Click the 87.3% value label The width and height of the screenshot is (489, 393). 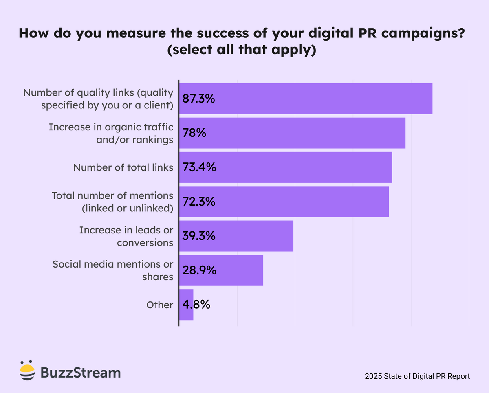pos(198,99)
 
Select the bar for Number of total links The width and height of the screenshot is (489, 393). pos(285,167)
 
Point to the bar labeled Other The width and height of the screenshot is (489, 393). pos(186,305)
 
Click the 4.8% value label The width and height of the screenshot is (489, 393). pos(196,305)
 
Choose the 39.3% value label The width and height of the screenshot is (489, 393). pos(199,236)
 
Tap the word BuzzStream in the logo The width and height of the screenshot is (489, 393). pos(81,373)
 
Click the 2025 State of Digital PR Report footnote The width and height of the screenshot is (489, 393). pos(417,376)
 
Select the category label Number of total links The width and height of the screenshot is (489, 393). pos(123,167)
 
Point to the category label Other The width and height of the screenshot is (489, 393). pos(160,305)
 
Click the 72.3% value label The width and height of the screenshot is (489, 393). pos(199,202)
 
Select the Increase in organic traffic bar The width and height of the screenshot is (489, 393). pos(292,133)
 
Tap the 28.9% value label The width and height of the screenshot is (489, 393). pos(199,270)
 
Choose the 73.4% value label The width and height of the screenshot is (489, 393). pos(199,167)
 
